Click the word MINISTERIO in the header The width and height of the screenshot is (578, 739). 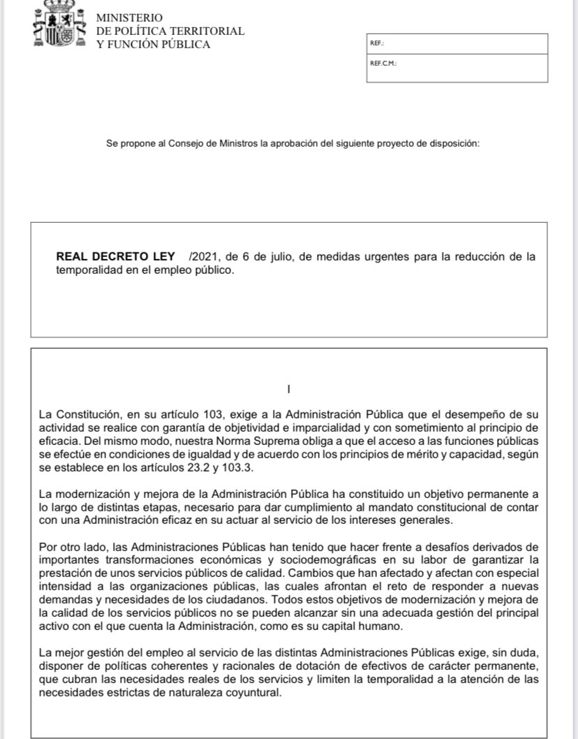pos(129,17)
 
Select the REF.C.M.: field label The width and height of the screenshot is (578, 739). pos(383,63)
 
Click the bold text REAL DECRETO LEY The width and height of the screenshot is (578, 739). pos(115,256)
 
